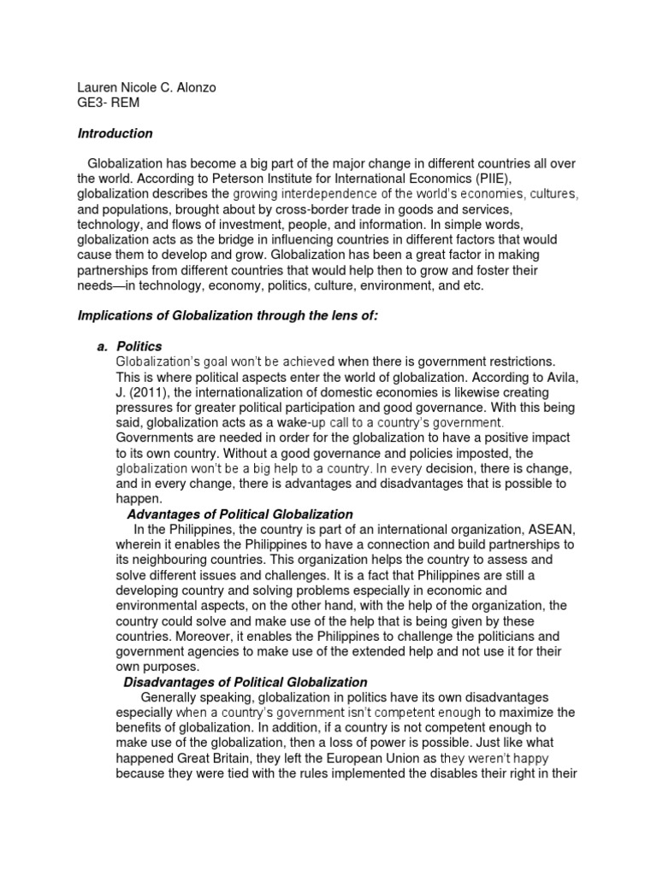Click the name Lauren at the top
98,86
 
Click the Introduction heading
115,133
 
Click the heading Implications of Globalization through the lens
227,316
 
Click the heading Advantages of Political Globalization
240,514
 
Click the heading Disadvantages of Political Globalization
246,682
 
